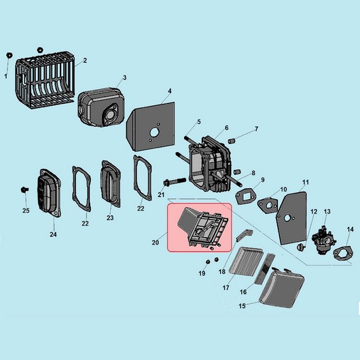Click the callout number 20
pos(155,242)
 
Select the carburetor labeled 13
pos(324,240)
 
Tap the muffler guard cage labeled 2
pos(45,79)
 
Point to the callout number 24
pos(53,234)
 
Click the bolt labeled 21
pos(175,181)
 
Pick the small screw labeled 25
pos(24,190)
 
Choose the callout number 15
pos(242,306)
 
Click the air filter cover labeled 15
pos(282,288)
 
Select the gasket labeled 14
pos(343,254)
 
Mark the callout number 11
pos(306,182)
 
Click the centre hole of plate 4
pos(154,132)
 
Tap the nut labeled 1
pos(10,55)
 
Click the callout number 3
pos(125,78)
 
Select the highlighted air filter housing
pos(199,228)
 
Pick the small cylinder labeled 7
pos(232,141)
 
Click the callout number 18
pos(222,272)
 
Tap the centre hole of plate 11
pos(287,218)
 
